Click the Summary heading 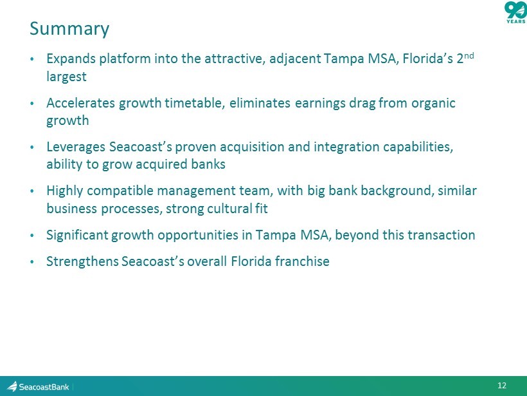point(69,29)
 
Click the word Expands point(71,59)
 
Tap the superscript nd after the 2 point(469,55)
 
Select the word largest point(66,77)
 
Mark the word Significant point(77,235)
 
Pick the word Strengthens point(82,261)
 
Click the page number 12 point(502,386)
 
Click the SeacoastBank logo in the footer point(38,386)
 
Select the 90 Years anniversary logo point(515,12)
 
